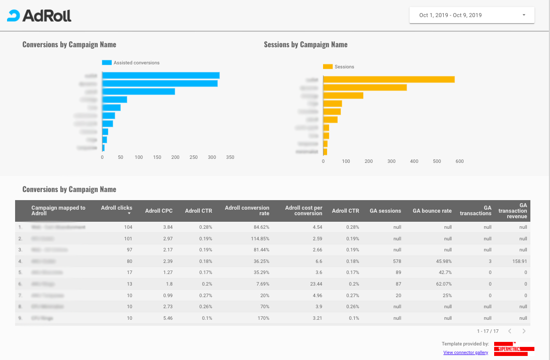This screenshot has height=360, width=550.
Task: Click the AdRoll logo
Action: (39, 16)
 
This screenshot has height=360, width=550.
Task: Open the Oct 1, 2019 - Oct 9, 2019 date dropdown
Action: (472, 15)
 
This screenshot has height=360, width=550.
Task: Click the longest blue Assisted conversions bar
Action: (161, 75)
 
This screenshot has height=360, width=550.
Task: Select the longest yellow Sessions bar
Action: (388, 79)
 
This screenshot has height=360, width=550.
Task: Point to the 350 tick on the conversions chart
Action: (230, 157)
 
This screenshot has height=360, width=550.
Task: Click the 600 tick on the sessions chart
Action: (459, 161)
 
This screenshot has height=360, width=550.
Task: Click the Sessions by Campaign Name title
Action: (305, 45)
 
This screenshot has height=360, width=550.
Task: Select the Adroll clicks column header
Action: (117, 208)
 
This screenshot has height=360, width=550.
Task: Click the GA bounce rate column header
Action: (432, 211)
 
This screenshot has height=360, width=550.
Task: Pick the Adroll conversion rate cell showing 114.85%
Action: (259, 238)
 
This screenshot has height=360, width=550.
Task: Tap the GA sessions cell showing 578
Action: (395, 261)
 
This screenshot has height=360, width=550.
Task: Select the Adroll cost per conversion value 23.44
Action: (315, 284)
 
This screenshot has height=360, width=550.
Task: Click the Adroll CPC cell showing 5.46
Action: (167, 318)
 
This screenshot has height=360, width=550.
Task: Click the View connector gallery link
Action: (465, 353)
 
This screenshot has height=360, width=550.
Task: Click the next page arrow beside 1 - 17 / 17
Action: (524, 331)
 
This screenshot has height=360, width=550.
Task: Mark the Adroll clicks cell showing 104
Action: (128, 227)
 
